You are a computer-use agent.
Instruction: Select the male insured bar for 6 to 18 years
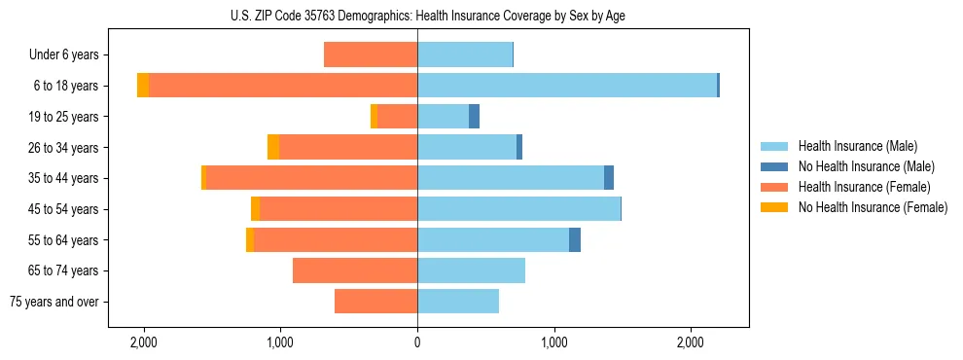pyautogui.click(x=566, y=86)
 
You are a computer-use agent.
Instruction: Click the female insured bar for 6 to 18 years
pyautogui.click(x=283, y=86)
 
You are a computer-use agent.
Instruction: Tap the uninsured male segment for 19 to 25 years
pyautogui.click(x=474, y=117)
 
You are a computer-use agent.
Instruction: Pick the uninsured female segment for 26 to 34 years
pyautogui.click(x=273, y=147)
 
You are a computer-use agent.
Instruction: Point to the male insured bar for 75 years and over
pyautogui.click(x=458, y=302)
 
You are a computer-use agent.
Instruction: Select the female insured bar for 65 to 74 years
pyautogui.click(x=355, y=270)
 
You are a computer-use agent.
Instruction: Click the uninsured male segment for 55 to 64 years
pyautogui.click(x=575, y=239)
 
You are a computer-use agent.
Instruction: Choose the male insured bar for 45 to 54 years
pyautogui.click(x=518, y=208)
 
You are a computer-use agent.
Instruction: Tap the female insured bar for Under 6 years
pyautogui.click(x=371, y=55)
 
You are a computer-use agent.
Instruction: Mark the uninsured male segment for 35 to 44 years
pyautogui.click(x=609, y=178)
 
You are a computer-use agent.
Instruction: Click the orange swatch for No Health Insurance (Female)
pyautogui.click(x=774, y=207)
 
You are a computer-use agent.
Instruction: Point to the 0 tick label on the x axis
pyautogui.click(x=417, y=342)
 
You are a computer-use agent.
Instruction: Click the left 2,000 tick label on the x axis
pyautogui.click(x=144, y=342)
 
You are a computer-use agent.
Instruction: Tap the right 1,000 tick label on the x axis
pyautogui.click(x=553, y=342)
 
